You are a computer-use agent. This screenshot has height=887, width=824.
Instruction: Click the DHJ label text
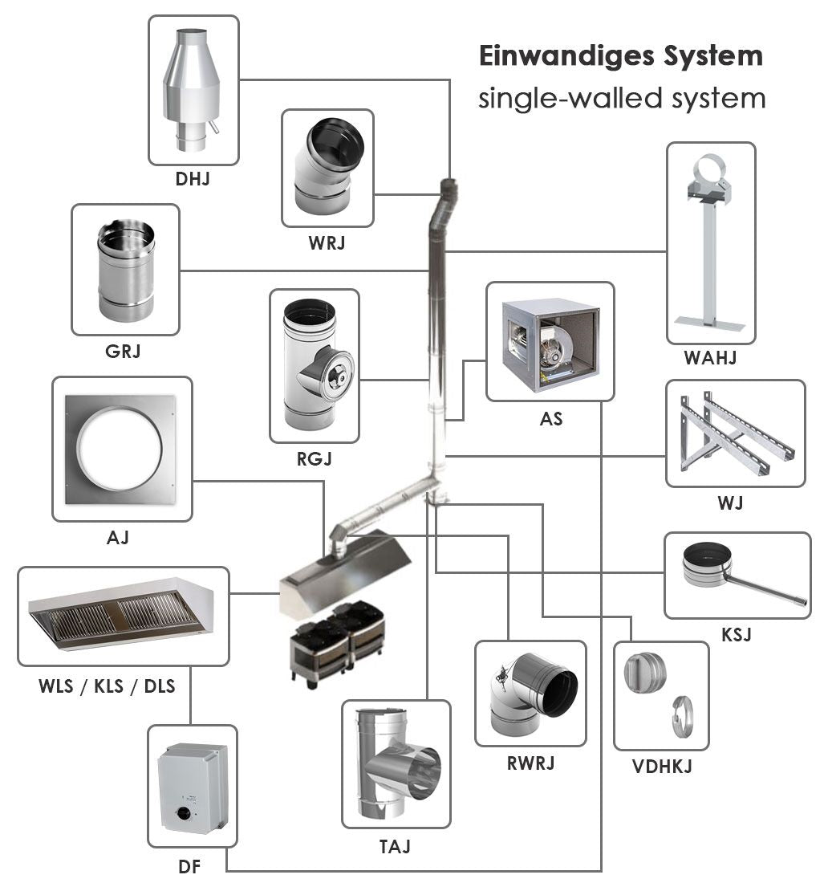tap(193, 179)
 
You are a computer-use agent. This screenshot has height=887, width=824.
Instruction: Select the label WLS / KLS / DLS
tap(107, 686)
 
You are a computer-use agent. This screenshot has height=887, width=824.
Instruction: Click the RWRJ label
tap(530, 763)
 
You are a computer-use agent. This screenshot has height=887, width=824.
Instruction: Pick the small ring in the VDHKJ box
tap(683, 712)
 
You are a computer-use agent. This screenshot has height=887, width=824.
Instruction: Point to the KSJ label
tap(737, 635)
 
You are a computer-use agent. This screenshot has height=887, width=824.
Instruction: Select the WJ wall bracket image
tap(734, 433)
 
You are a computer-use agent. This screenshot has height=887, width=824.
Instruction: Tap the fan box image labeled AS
tap(550, 341)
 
